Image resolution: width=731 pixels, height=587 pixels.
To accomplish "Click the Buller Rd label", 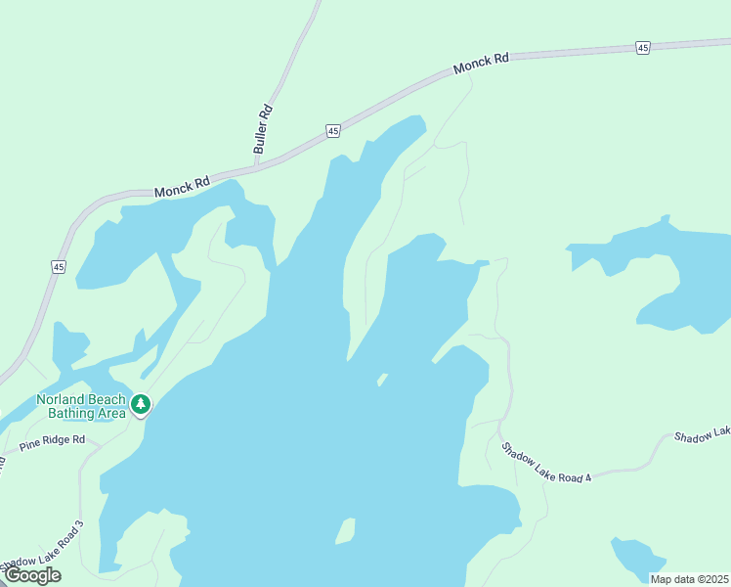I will pyautogui.click(x=262, y=128).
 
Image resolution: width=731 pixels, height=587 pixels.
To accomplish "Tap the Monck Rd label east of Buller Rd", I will pyautogui.click(x=482, y=66).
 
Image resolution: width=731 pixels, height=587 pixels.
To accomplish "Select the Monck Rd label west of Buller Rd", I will pyautogui.click(x=182, y=186).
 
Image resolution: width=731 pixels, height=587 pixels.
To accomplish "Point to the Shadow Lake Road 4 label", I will pyautogui.click(x=547, y=463).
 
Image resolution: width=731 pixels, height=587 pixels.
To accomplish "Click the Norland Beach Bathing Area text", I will pyautogui.click(x=81, y=406).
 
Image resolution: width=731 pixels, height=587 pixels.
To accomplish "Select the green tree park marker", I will pyautogui.click(x=141, y=403).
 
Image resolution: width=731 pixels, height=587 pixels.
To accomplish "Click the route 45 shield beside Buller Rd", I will pyautogui.click(x=333, y=130).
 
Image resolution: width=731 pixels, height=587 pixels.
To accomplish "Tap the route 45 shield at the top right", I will pyautogui.click(x=642, y=47).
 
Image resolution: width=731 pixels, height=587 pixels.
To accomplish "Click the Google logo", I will pyautogui.click(x=32, y=575).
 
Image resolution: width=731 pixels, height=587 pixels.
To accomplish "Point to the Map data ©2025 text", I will pyautogui.click(x=689, y=579).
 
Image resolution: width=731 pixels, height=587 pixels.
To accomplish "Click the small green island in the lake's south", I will pyautogui.click(x=344, y=531).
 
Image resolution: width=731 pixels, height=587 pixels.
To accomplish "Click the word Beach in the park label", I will pyautogui.click(x=106, y=399).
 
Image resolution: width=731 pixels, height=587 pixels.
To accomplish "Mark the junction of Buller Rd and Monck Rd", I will pyautogui.click(x=256, y=164).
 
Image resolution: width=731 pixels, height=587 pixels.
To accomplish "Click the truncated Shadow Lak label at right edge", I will pyautogui.click(x=703, y=434).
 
